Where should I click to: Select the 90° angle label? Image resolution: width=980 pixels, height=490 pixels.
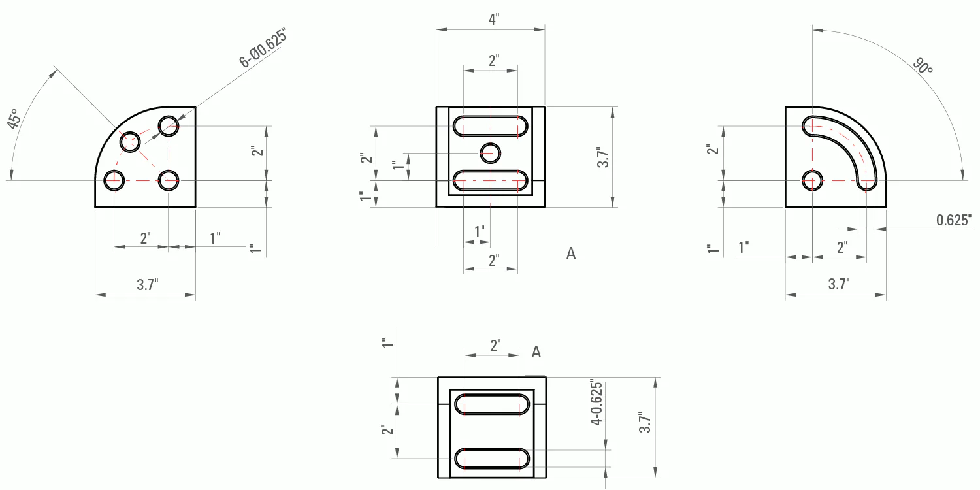[923, 66]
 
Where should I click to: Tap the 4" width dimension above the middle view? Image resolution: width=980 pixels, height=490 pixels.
[493, 19]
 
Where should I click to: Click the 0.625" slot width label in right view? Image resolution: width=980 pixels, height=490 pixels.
[954, 220]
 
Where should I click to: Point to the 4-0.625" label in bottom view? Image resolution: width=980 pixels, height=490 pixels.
[595, 402]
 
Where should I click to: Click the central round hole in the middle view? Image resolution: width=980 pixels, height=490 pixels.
[490, 153]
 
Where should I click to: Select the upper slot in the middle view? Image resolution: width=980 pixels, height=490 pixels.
[490, 125]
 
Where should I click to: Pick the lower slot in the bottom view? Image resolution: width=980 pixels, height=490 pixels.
[493, 459]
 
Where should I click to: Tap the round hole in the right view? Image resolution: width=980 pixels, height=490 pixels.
[812, 180]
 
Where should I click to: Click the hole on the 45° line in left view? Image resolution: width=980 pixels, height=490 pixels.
[129, 141]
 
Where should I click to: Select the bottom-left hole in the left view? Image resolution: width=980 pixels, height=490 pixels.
[114, 180]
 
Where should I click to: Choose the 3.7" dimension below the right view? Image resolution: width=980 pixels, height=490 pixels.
[839, 284]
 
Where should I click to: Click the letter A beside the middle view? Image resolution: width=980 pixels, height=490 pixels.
[571, 253]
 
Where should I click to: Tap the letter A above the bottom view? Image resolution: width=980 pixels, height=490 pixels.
[536, 352]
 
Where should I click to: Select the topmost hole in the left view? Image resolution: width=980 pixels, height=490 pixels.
[169, 125]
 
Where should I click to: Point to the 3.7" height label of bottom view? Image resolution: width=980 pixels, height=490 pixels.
[645, 422]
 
